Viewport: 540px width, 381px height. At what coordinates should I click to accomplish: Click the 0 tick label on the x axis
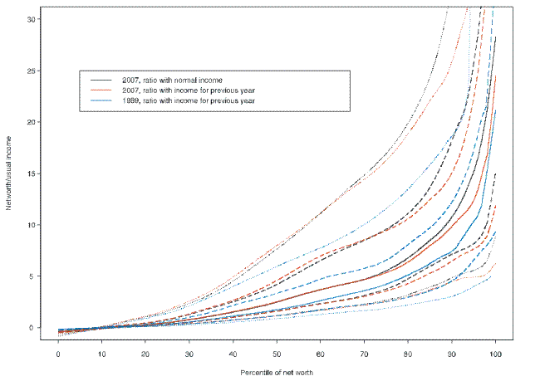[x=58, y=354]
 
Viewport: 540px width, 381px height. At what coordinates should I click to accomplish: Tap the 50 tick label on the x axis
[x=277, y=354]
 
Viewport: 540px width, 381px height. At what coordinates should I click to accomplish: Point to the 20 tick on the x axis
[x=146, y=344]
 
